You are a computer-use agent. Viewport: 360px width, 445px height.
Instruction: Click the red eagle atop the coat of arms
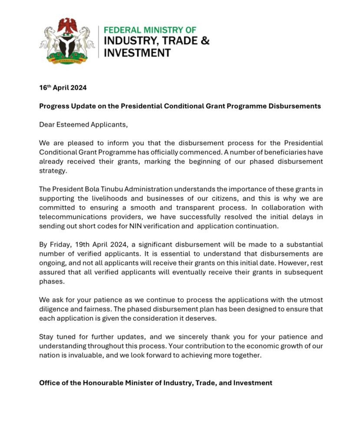[x=67, y=26]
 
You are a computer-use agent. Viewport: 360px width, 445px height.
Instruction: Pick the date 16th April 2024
[x=63, y=88]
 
